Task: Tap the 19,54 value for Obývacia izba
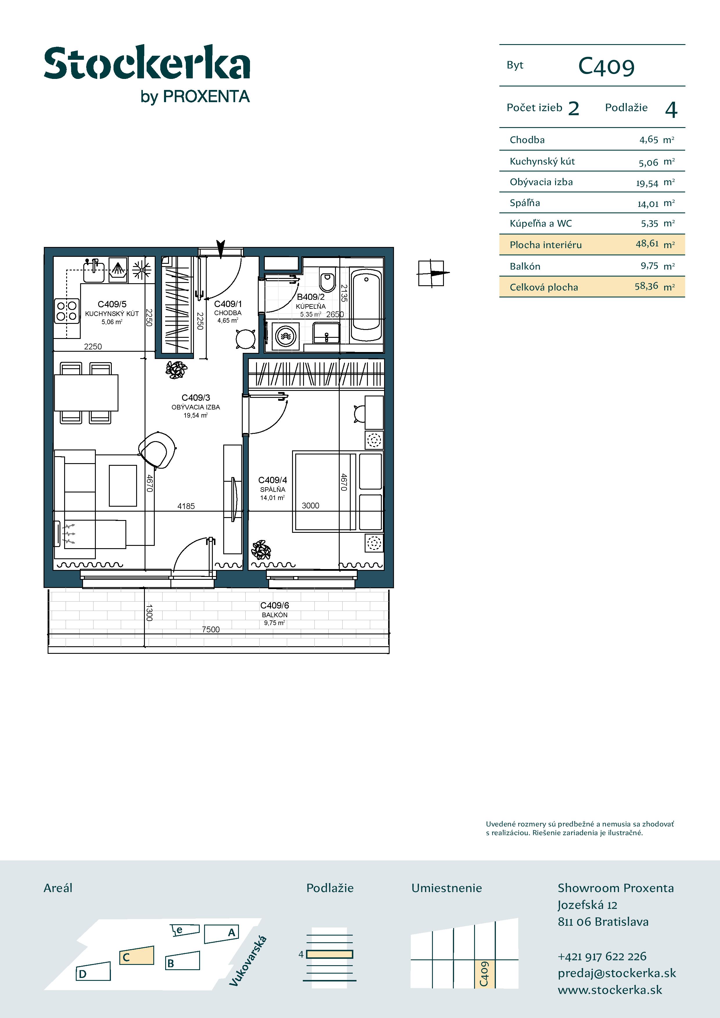[x=647, y=183]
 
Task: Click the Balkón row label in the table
[x=525, y=266]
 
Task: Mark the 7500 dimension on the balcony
[x=211, y=629]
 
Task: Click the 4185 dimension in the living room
[x=186, y=506]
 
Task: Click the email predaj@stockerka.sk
[x=617, y=973]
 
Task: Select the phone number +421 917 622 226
[x=602, y=956]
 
